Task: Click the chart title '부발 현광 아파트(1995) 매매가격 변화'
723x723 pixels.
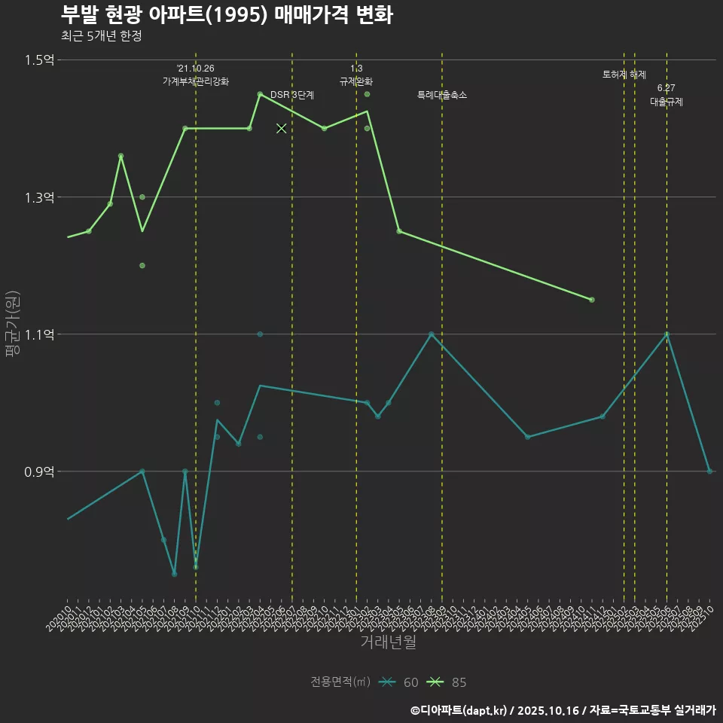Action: pyautogui.click(x=226, y=15)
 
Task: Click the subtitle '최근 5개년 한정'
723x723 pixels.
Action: pyautogui.click(x=101, y=35)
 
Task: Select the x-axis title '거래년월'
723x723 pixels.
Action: pyautogui.click(x=388, y=642)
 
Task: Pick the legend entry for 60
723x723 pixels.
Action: pyautogui.click(x=399, y=682)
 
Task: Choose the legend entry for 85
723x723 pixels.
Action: pyautogui.click(x=447, y=682)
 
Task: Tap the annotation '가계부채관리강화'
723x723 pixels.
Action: pyautogui.click(x=196, y=81)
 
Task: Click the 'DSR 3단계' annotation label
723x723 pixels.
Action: pyautogui.click(x=292, y=96)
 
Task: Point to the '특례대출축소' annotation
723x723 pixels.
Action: pyautogui.click(x=442, y=96)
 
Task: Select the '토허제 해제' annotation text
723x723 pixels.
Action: pyautogui.click(x=624, y=75)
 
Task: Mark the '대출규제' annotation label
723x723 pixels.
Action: pyautogui.click(x=667, y=102)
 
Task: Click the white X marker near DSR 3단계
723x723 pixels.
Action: pyautogui.click(x=282, y=129)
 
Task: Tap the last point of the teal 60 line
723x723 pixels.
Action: pyautogui.click(x=709, y=471)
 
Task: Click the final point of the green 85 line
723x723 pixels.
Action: pyautogui.click(x=592, y=300)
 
